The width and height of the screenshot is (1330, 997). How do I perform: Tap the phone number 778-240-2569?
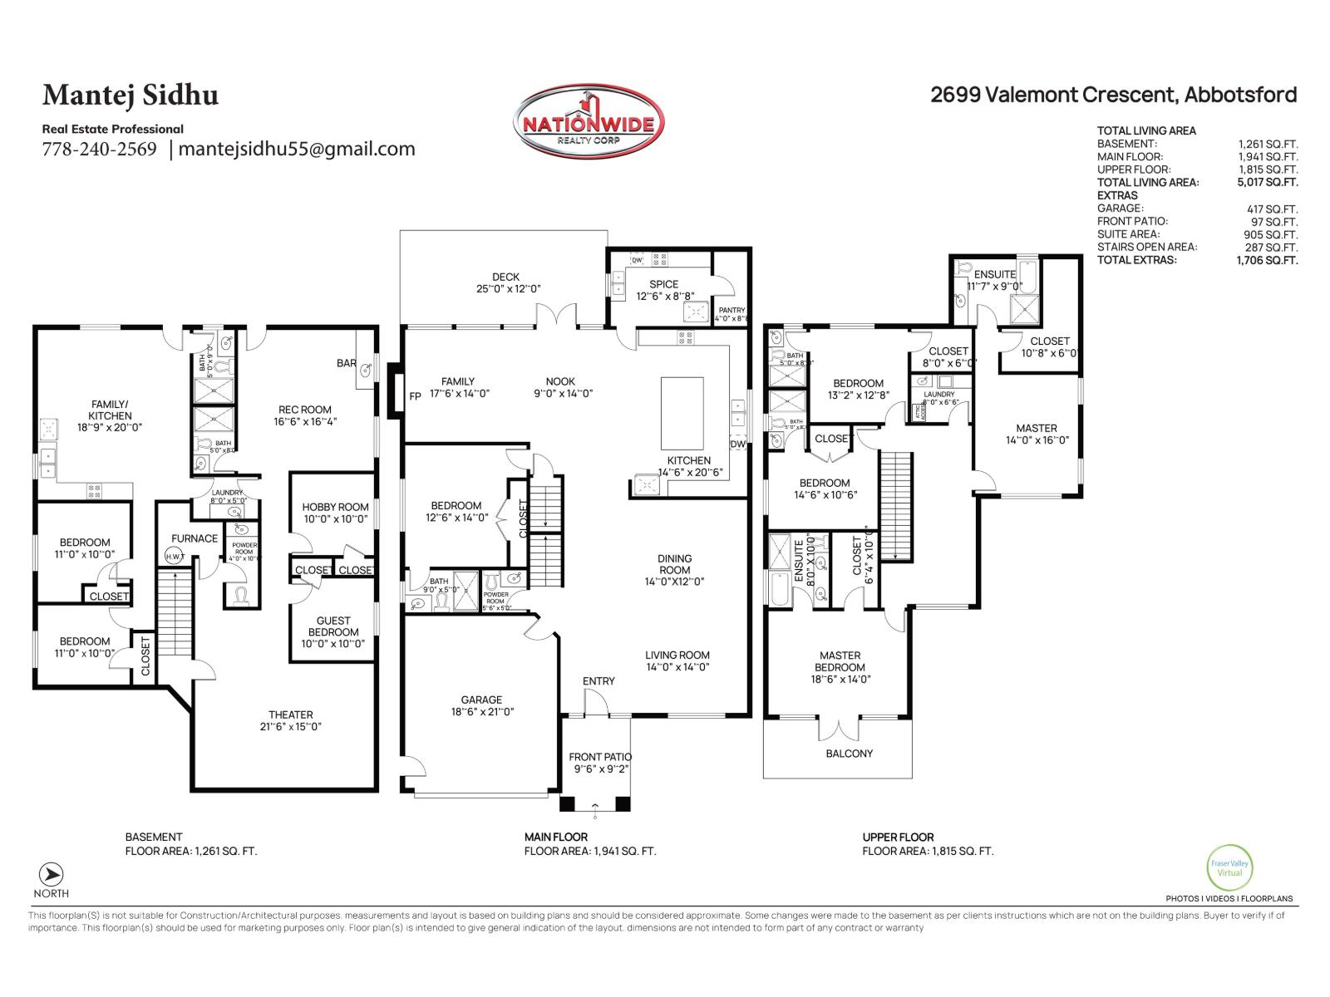click(x=99, y=150)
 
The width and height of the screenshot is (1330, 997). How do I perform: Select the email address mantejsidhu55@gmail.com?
click(x=296, y=150)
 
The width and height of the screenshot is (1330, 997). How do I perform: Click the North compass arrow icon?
click(x=52, y=875)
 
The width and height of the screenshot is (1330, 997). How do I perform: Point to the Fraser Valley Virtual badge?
click(x=1229, y=868)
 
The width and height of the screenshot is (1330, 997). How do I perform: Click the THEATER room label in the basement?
click(x=290, y=715)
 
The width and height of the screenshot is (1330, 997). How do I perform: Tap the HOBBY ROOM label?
click(x=335, y=507)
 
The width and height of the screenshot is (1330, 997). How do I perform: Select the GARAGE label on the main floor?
click(x=481, y=700)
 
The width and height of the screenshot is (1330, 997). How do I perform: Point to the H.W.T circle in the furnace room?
click(x=175, y=557)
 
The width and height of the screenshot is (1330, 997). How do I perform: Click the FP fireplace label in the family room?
click(x=415, y=396)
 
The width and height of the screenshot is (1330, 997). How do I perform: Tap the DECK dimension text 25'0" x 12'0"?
click(x=505, y=289)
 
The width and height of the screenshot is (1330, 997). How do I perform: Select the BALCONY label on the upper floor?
click(x=849, y=754)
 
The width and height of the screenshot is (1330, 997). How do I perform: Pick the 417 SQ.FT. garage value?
click(x=1272, y=209)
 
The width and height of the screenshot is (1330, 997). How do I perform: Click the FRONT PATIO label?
click(x=599, y=757)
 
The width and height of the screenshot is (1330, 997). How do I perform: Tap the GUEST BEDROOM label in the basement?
click(x=333, y=626)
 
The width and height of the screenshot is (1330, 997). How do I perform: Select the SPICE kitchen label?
click(x=663, y=284)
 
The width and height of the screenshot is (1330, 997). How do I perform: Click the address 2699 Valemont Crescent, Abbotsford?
click(x=1113, y=95)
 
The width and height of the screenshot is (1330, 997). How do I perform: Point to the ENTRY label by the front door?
click(x=598, y=681)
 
